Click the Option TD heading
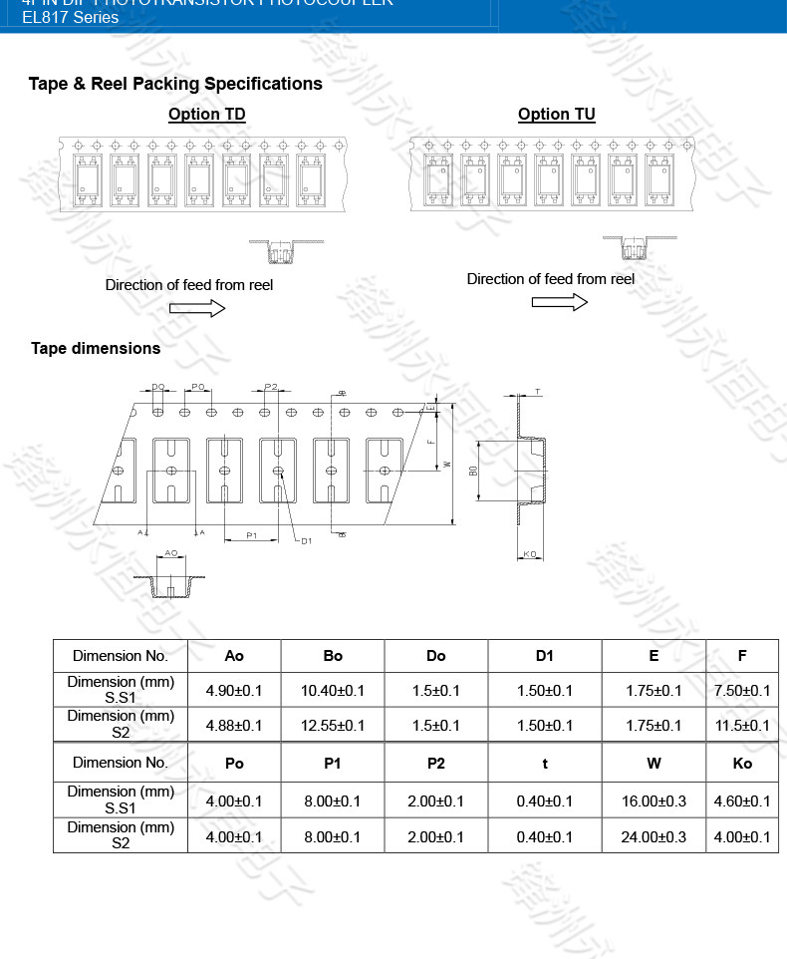coord(206,115)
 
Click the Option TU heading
coord(556,115)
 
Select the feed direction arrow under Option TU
coord(559,302)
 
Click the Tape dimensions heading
coord(96,348)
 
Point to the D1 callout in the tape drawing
coord(306,540)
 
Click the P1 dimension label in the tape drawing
coord(252,536)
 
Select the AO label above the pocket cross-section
coord(170,552)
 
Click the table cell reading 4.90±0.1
coord(233,690)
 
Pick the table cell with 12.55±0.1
coord(333,725)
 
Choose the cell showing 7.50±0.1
coord(741,690)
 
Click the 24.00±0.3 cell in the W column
coord(653,836)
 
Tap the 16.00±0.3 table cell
coord(653,801)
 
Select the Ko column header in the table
coord(741,763)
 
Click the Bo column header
coord(333,655)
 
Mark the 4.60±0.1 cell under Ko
coord(741,801)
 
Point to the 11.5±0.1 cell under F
coord(741,725)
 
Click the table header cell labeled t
coord(544,763)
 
